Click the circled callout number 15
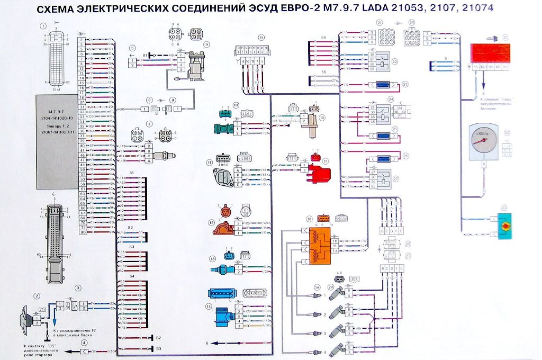tap(261, 37)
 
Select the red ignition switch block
tap(490, 54)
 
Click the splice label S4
tap(132, 276)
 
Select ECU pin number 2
tap(82, 40)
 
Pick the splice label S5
tap(324, 38)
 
